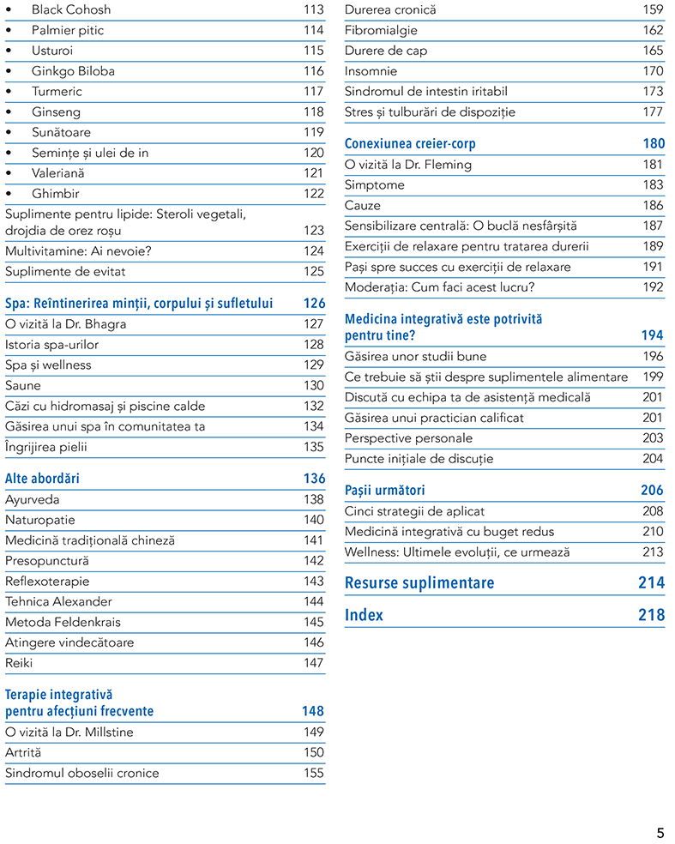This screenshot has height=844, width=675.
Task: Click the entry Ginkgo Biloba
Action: pos(73,71)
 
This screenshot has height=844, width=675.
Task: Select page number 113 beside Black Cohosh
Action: pos(313,9)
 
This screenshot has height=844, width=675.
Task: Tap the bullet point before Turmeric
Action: pos(9,92)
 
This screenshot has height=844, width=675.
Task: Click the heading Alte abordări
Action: pos(42,478)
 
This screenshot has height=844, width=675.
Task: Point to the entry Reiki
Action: pos(19,663)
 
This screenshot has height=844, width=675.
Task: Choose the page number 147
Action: pos(313,663)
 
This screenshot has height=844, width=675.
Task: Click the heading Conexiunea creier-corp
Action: pos(410,143)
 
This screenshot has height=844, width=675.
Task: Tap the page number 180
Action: pos(654,143)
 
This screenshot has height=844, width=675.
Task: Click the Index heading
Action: pos(364,615)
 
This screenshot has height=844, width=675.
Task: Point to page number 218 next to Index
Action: pos(651,615)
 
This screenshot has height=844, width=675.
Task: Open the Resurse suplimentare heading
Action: pos(419,583)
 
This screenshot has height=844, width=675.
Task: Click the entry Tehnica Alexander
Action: pos(58,601)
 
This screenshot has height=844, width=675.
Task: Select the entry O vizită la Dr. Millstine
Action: pos(69,732)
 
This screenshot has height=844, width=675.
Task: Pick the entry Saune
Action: pos(22,385)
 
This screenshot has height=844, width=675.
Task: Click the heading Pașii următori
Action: pos(384,490)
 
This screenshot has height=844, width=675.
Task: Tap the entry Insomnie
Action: pos(371,71)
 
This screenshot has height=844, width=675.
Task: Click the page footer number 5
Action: pos(660,833)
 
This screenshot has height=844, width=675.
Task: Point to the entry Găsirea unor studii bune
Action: pos(415,356)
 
